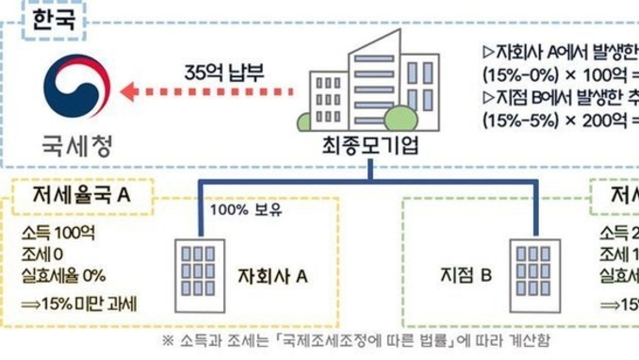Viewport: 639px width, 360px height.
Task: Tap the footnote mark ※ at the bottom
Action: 167,340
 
